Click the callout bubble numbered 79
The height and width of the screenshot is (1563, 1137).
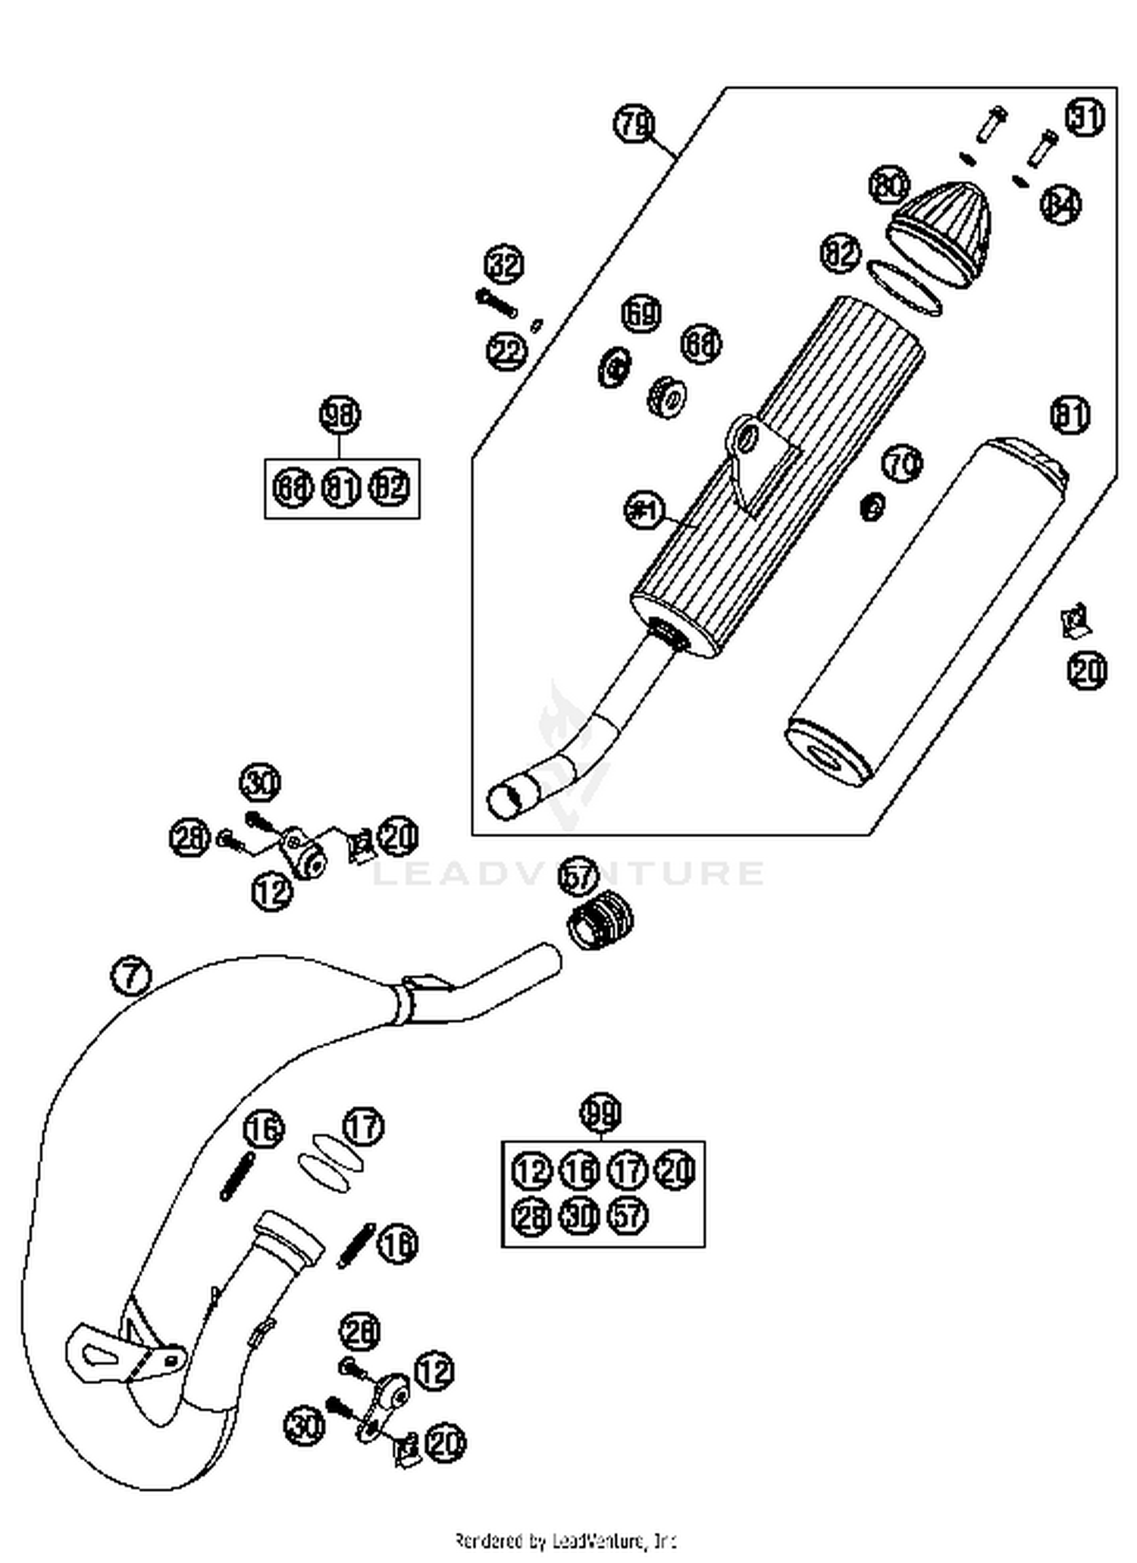[x=634, y=123]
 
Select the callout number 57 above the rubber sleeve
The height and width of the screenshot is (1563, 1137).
[x=578, y=877]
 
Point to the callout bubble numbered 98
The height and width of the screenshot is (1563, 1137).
[x=340, y=414]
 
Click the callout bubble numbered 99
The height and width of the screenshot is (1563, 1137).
[x=600, y=1113]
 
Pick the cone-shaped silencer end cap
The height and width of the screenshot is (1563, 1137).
[x=940, y=231]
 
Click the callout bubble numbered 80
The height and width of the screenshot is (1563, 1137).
[x=888, y=186]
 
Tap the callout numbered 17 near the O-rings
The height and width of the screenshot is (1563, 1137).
[x=364, y=1127]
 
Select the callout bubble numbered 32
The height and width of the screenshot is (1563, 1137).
[x=505, y=264]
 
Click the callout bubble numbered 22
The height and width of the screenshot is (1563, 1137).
[x=506, y=351]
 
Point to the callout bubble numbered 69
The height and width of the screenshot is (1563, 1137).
[x=641, y=313]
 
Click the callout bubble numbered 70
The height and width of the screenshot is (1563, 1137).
[x=902, y=463]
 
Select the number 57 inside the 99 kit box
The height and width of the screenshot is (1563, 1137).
[x=628, y=1216]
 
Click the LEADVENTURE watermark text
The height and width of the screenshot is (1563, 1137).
[x=568, y=873]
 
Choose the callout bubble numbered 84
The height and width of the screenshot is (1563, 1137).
[x=1060, y=204]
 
